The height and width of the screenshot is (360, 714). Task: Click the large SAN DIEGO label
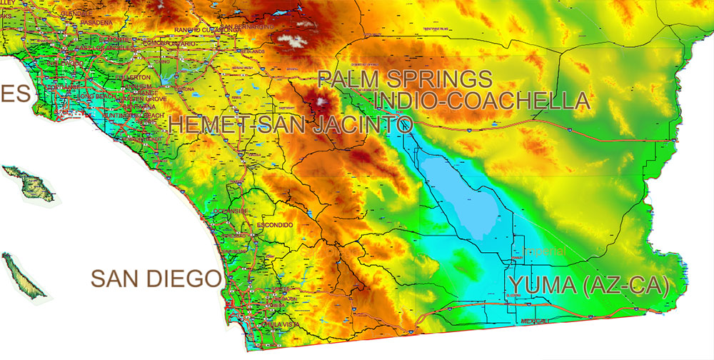click(x=155, y=279)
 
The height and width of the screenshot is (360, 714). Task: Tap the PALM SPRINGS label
click(x=405, y=79)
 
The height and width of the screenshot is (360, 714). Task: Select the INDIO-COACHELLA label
click(x=483, y=101)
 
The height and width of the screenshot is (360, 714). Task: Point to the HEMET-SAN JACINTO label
click(x=291, y=126)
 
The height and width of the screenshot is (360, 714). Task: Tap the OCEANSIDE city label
click(x=231, y=211)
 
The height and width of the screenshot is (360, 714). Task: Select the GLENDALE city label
click(x=77, y=14)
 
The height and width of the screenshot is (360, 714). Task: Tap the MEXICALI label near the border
click(x=534, y=321)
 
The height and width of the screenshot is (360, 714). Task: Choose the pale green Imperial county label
click(x=544, y=251)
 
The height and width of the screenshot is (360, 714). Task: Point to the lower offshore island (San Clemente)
click(x=26, y=276)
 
